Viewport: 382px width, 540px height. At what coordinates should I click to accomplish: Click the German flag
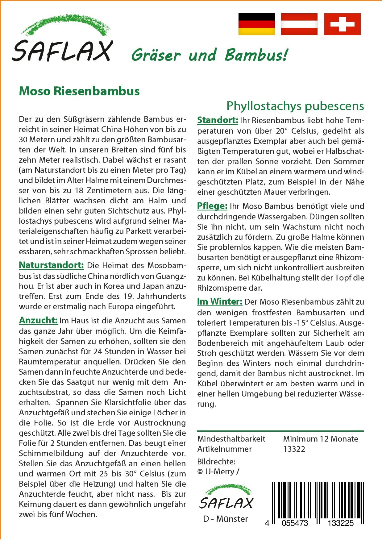[256, 24]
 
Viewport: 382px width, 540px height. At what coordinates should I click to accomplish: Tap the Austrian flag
[299, 24]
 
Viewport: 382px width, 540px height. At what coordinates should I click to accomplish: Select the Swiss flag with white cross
[342, 24]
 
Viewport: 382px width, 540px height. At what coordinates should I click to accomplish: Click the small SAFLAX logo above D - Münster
[226, 497]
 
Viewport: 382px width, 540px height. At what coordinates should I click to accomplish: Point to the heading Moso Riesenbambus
[79, 91]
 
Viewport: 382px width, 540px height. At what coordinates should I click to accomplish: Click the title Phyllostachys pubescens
[295, 106]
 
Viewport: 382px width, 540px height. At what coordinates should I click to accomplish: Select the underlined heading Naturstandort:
[51, 265]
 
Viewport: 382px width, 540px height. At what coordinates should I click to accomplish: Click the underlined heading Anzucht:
[38, 320]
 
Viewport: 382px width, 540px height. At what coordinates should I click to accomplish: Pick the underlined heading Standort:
[218, 120]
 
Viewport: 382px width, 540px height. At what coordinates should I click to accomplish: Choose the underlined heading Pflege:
[212, 206]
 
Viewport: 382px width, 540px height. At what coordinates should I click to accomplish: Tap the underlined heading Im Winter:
[220, 301]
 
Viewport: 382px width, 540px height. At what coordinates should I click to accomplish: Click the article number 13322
[294, 449]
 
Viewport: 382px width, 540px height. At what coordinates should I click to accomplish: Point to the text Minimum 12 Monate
[320, 439]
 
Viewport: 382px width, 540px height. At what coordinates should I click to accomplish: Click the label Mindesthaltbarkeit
[231, 439]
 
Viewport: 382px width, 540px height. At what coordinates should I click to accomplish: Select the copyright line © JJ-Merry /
[218, 471]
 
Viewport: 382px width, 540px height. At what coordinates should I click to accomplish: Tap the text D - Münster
[225, 519]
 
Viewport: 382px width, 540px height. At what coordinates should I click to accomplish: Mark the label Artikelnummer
[224, 449]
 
